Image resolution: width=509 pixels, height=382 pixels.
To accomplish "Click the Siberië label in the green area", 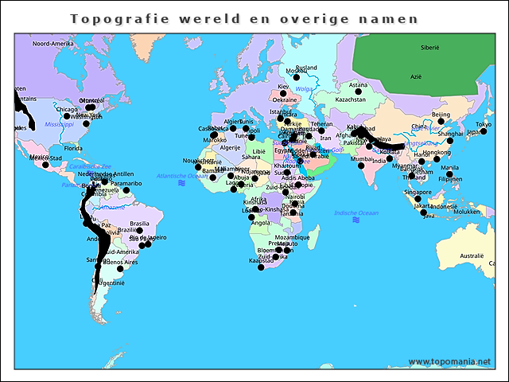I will click(x=430, y=48).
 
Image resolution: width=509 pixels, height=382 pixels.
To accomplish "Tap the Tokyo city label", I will click(x=484, y=124).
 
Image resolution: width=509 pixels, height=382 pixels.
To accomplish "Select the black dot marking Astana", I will click(x=358, y=92).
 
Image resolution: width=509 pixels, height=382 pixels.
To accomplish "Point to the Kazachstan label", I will click(x=350, y=100).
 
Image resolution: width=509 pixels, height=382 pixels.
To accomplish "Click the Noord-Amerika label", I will click(x=52, y=44).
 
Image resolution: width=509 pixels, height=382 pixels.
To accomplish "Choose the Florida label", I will click(x=73, y=148).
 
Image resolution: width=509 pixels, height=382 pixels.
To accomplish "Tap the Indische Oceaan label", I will click(x=357, y=212).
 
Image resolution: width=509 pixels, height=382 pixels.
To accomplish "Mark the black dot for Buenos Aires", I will click(x=120, y=269).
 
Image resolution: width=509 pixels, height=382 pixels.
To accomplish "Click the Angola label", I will click(x=260, y=223).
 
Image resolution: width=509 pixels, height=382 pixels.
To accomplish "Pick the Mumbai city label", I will click(x=361, y=159).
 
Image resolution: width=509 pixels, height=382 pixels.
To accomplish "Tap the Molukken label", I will click(x=467, y=212).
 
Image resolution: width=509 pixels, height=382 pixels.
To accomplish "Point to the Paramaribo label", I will click(x=126, y=183).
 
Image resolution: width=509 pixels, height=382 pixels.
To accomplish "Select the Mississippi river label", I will click(x=59, y=125).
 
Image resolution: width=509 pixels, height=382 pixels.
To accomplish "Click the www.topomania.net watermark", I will click(x=449, y=362).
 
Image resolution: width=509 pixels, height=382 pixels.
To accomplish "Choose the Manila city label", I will click(x=450, y=168).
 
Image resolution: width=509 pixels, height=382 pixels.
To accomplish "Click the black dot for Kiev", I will click(x=283, y=94).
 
